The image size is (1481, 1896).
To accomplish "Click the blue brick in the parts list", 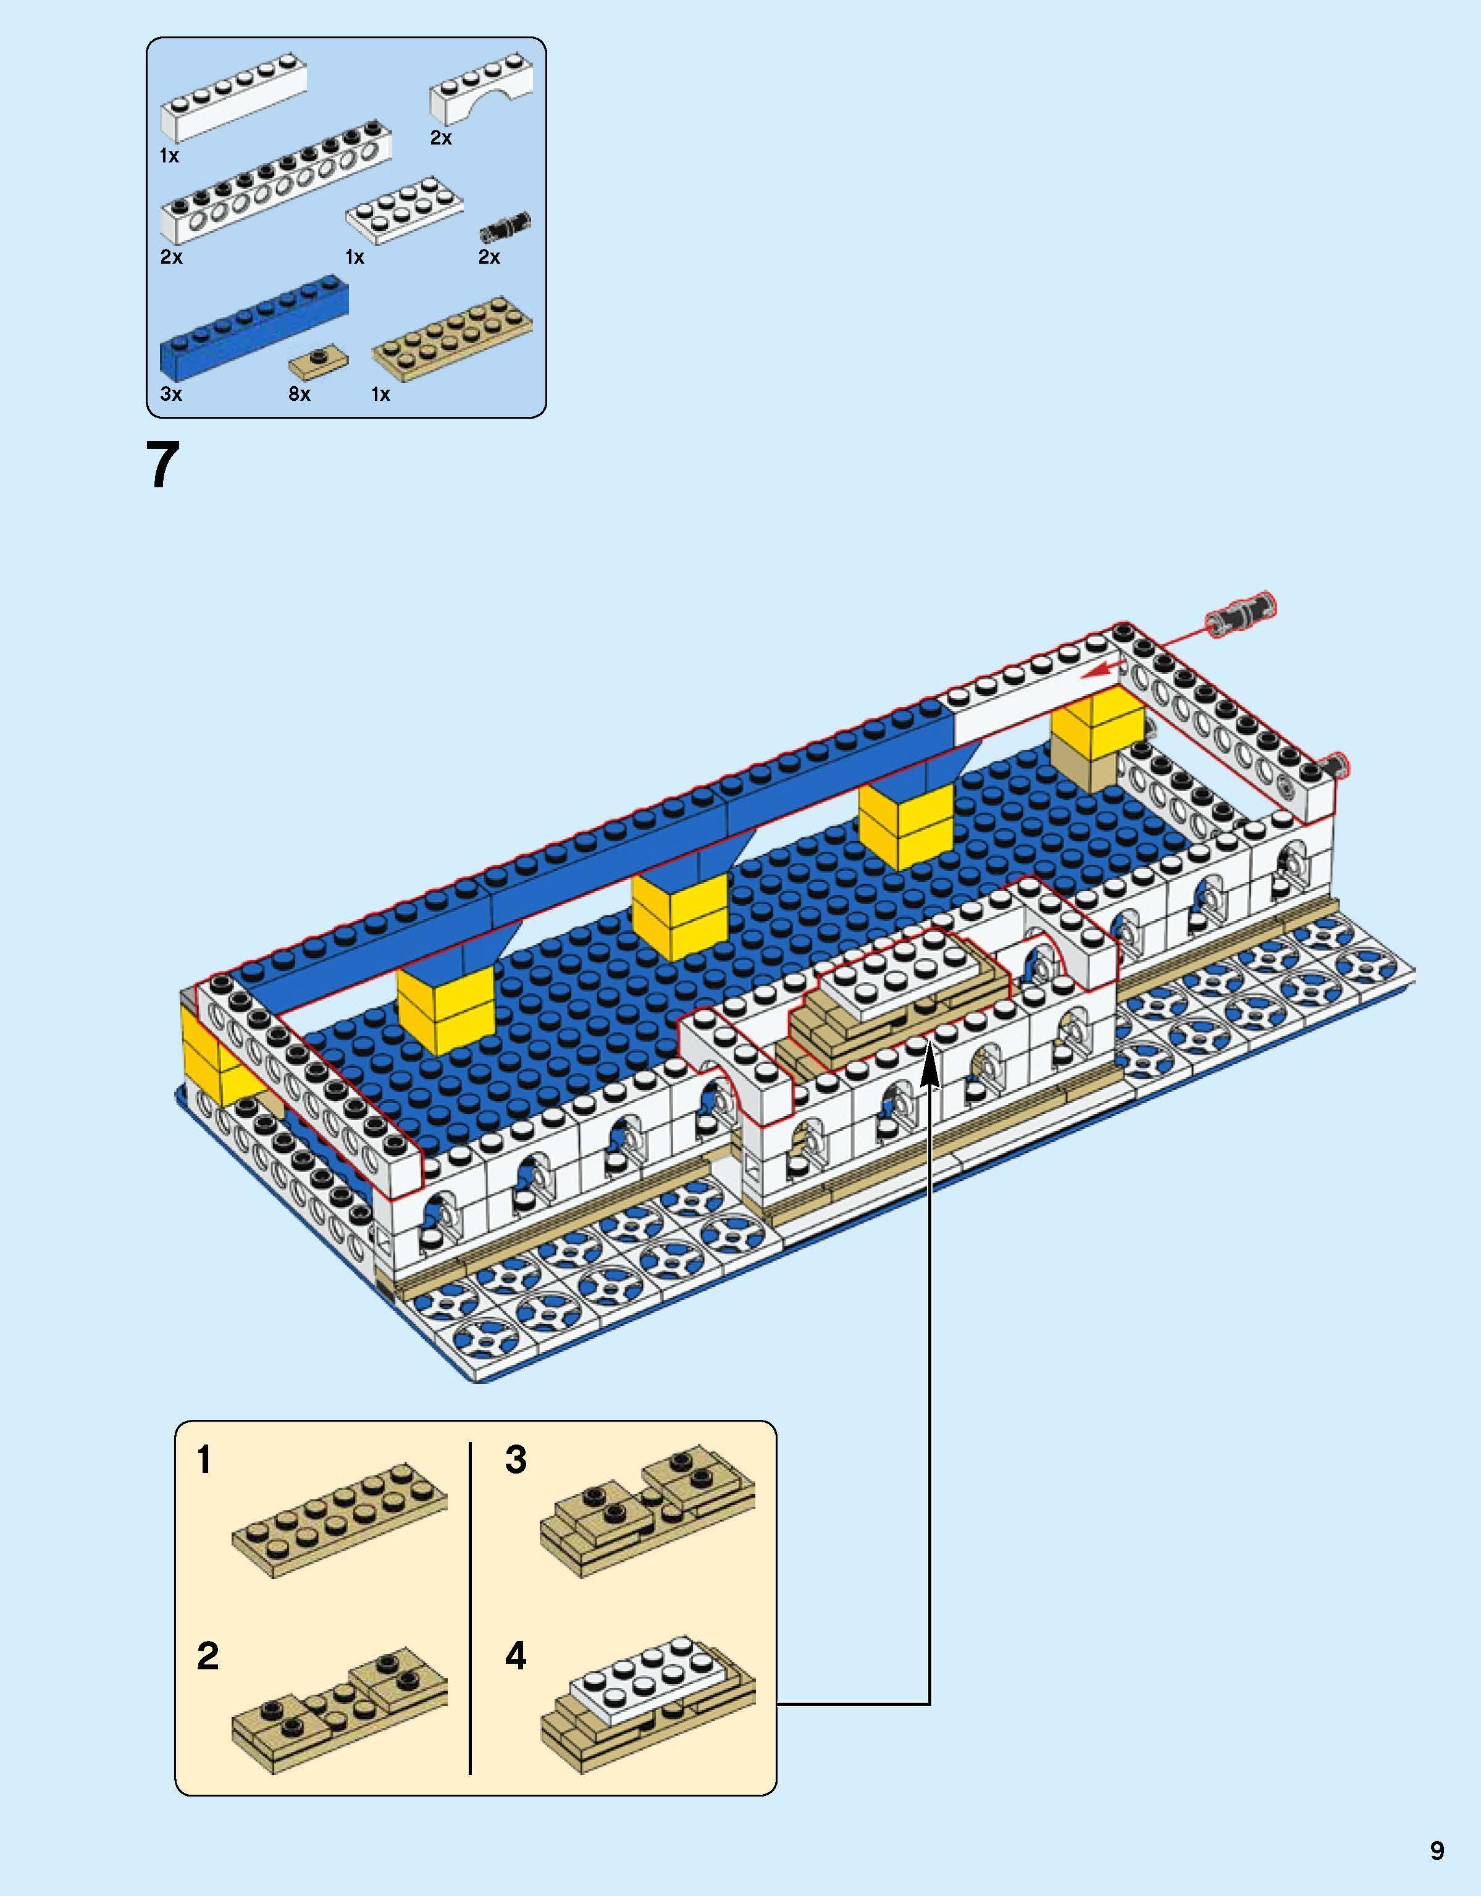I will click(x=255, y=332).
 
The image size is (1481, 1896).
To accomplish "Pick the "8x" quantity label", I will click(x=300, y=394).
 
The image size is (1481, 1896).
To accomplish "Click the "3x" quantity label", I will click(x=171, y=394).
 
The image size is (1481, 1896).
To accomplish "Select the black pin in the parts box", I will click(x=505, y=227).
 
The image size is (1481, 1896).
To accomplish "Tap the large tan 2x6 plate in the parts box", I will click(x=451, y=342).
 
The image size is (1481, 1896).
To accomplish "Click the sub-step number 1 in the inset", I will click(x=204, y=1459).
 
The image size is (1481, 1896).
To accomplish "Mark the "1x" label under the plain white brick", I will click(x=169, y=156).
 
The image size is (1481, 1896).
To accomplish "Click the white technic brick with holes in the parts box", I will click(x=276, y=188).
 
